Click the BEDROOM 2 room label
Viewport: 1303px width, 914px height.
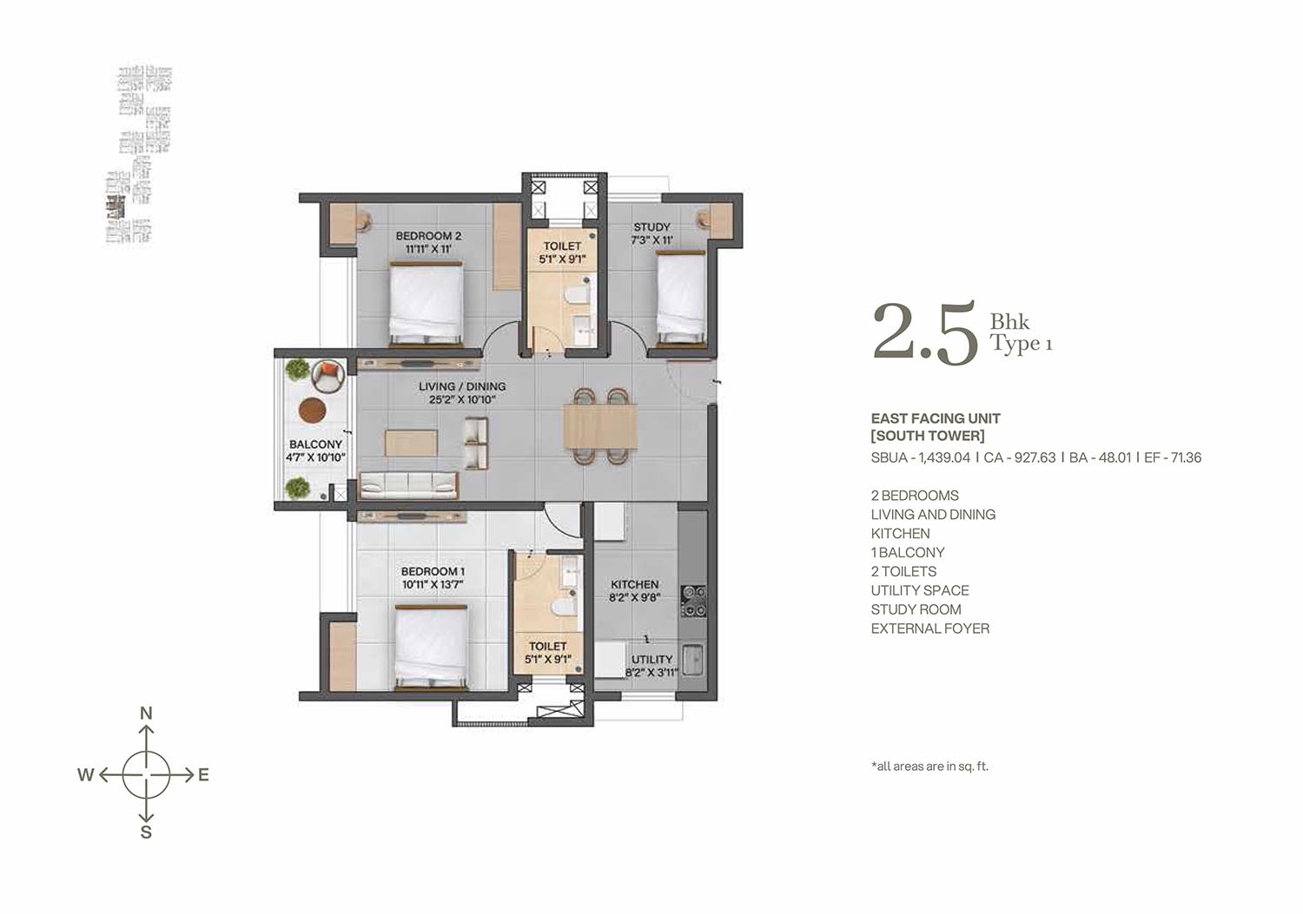point(428,236)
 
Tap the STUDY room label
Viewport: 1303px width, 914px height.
point(651,227)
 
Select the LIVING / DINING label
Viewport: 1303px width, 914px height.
point(462,386)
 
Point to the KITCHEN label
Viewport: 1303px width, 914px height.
point(635,584)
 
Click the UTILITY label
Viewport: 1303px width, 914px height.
point(651,660)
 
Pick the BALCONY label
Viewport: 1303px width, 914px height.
point(315,444)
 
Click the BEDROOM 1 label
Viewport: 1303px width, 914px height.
point(433,571)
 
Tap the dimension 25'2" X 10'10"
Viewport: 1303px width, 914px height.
point(462,399)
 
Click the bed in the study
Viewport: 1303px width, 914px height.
point(680,299)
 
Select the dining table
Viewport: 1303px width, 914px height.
point(599,427)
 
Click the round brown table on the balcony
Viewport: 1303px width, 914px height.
point(313,410)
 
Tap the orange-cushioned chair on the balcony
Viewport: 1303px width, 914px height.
point(327,375)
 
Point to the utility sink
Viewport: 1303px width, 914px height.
point(692,661)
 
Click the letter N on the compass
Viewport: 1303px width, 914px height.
point(146,713)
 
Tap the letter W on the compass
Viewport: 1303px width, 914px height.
point(85,775)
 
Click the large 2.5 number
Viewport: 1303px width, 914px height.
point(925,332)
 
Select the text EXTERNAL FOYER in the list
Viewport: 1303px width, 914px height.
point(929,628)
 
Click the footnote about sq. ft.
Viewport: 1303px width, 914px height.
point(929,766)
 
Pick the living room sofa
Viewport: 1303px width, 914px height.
point(409,485)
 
